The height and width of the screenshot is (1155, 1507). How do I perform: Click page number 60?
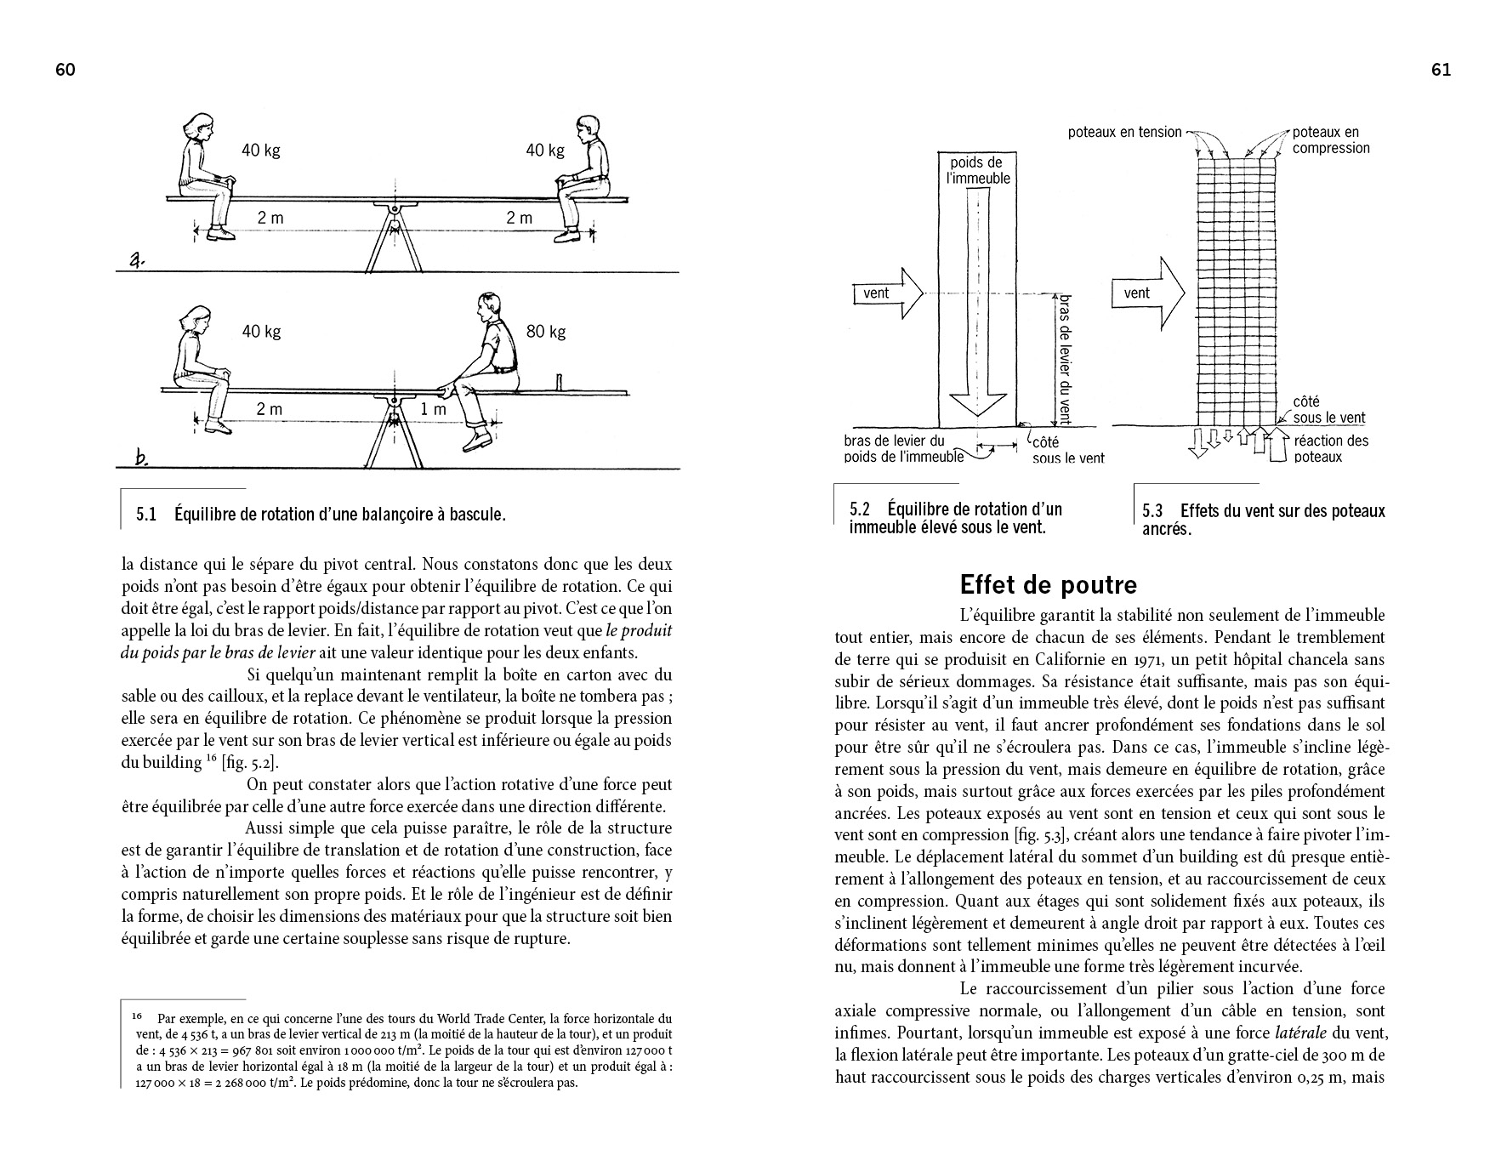[65, 71]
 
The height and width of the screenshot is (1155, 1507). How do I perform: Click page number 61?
[1441, 71]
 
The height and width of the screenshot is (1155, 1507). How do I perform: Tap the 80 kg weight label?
[546, 332]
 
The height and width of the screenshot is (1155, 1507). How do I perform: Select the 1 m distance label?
[434, 409]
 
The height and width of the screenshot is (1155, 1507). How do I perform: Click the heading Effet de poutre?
[1048, 585]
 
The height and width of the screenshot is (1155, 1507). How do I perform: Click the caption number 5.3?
[1152, 511]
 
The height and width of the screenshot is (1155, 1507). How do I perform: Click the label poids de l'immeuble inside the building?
[978, 170]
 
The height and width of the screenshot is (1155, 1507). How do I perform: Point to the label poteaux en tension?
[1124, 132]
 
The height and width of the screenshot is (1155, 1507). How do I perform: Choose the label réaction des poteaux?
[1331, 448]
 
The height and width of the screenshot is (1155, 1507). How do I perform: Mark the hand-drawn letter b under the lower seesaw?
[141, 459]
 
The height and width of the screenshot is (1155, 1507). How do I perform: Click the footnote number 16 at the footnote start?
[137, 1016]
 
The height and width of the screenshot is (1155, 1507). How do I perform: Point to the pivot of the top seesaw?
[395, 208]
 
